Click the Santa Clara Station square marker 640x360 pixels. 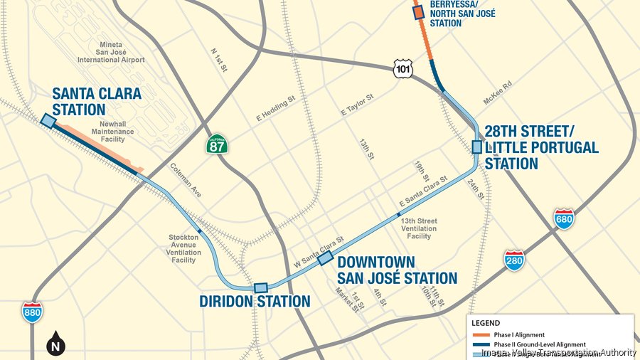coord(48,122)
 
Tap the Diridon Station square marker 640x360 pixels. coord(261,287)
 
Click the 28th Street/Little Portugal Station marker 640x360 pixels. coord(476,147)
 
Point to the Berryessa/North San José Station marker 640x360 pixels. coord(419,11)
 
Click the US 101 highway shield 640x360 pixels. coord(402,68)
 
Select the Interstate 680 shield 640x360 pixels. coord(564,219)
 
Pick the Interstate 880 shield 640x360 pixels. coord(31,312)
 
